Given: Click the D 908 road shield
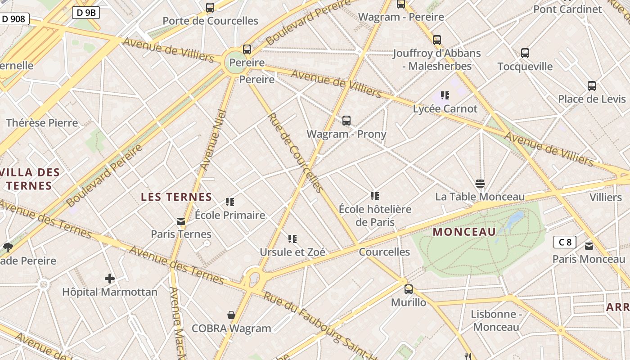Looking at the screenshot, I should (x=15, y=19).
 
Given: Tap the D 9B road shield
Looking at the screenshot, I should (x=86, y=13).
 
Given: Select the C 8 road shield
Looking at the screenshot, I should (x=565, y=242).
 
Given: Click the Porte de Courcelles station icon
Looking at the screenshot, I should (x=210, y=8).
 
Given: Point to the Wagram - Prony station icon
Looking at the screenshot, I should (x=346, y=121).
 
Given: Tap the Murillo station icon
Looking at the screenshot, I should (x=409, y=289).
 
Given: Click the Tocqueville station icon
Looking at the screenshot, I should (x=525, y=53).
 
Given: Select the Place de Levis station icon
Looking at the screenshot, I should (x=592, y=85).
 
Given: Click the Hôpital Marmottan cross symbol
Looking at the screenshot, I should (x=110, y=279).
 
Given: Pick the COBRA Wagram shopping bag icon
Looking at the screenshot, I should (x=231, y=315).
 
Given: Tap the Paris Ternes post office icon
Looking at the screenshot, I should (x=181, y=221).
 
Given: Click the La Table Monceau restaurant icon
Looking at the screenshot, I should (x=480, y=184).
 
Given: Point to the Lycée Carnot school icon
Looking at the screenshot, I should (x=445, y=95).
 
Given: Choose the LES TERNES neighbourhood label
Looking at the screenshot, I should (x=176, y=197).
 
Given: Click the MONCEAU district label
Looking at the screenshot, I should (x=464, y=232).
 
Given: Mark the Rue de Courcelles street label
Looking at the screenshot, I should (x=295, y=152).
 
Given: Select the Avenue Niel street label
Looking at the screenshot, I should (x=211, y=139).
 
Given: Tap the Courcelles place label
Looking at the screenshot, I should (x=384, y=252).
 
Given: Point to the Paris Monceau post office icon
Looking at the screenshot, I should (x=589, y=246).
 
